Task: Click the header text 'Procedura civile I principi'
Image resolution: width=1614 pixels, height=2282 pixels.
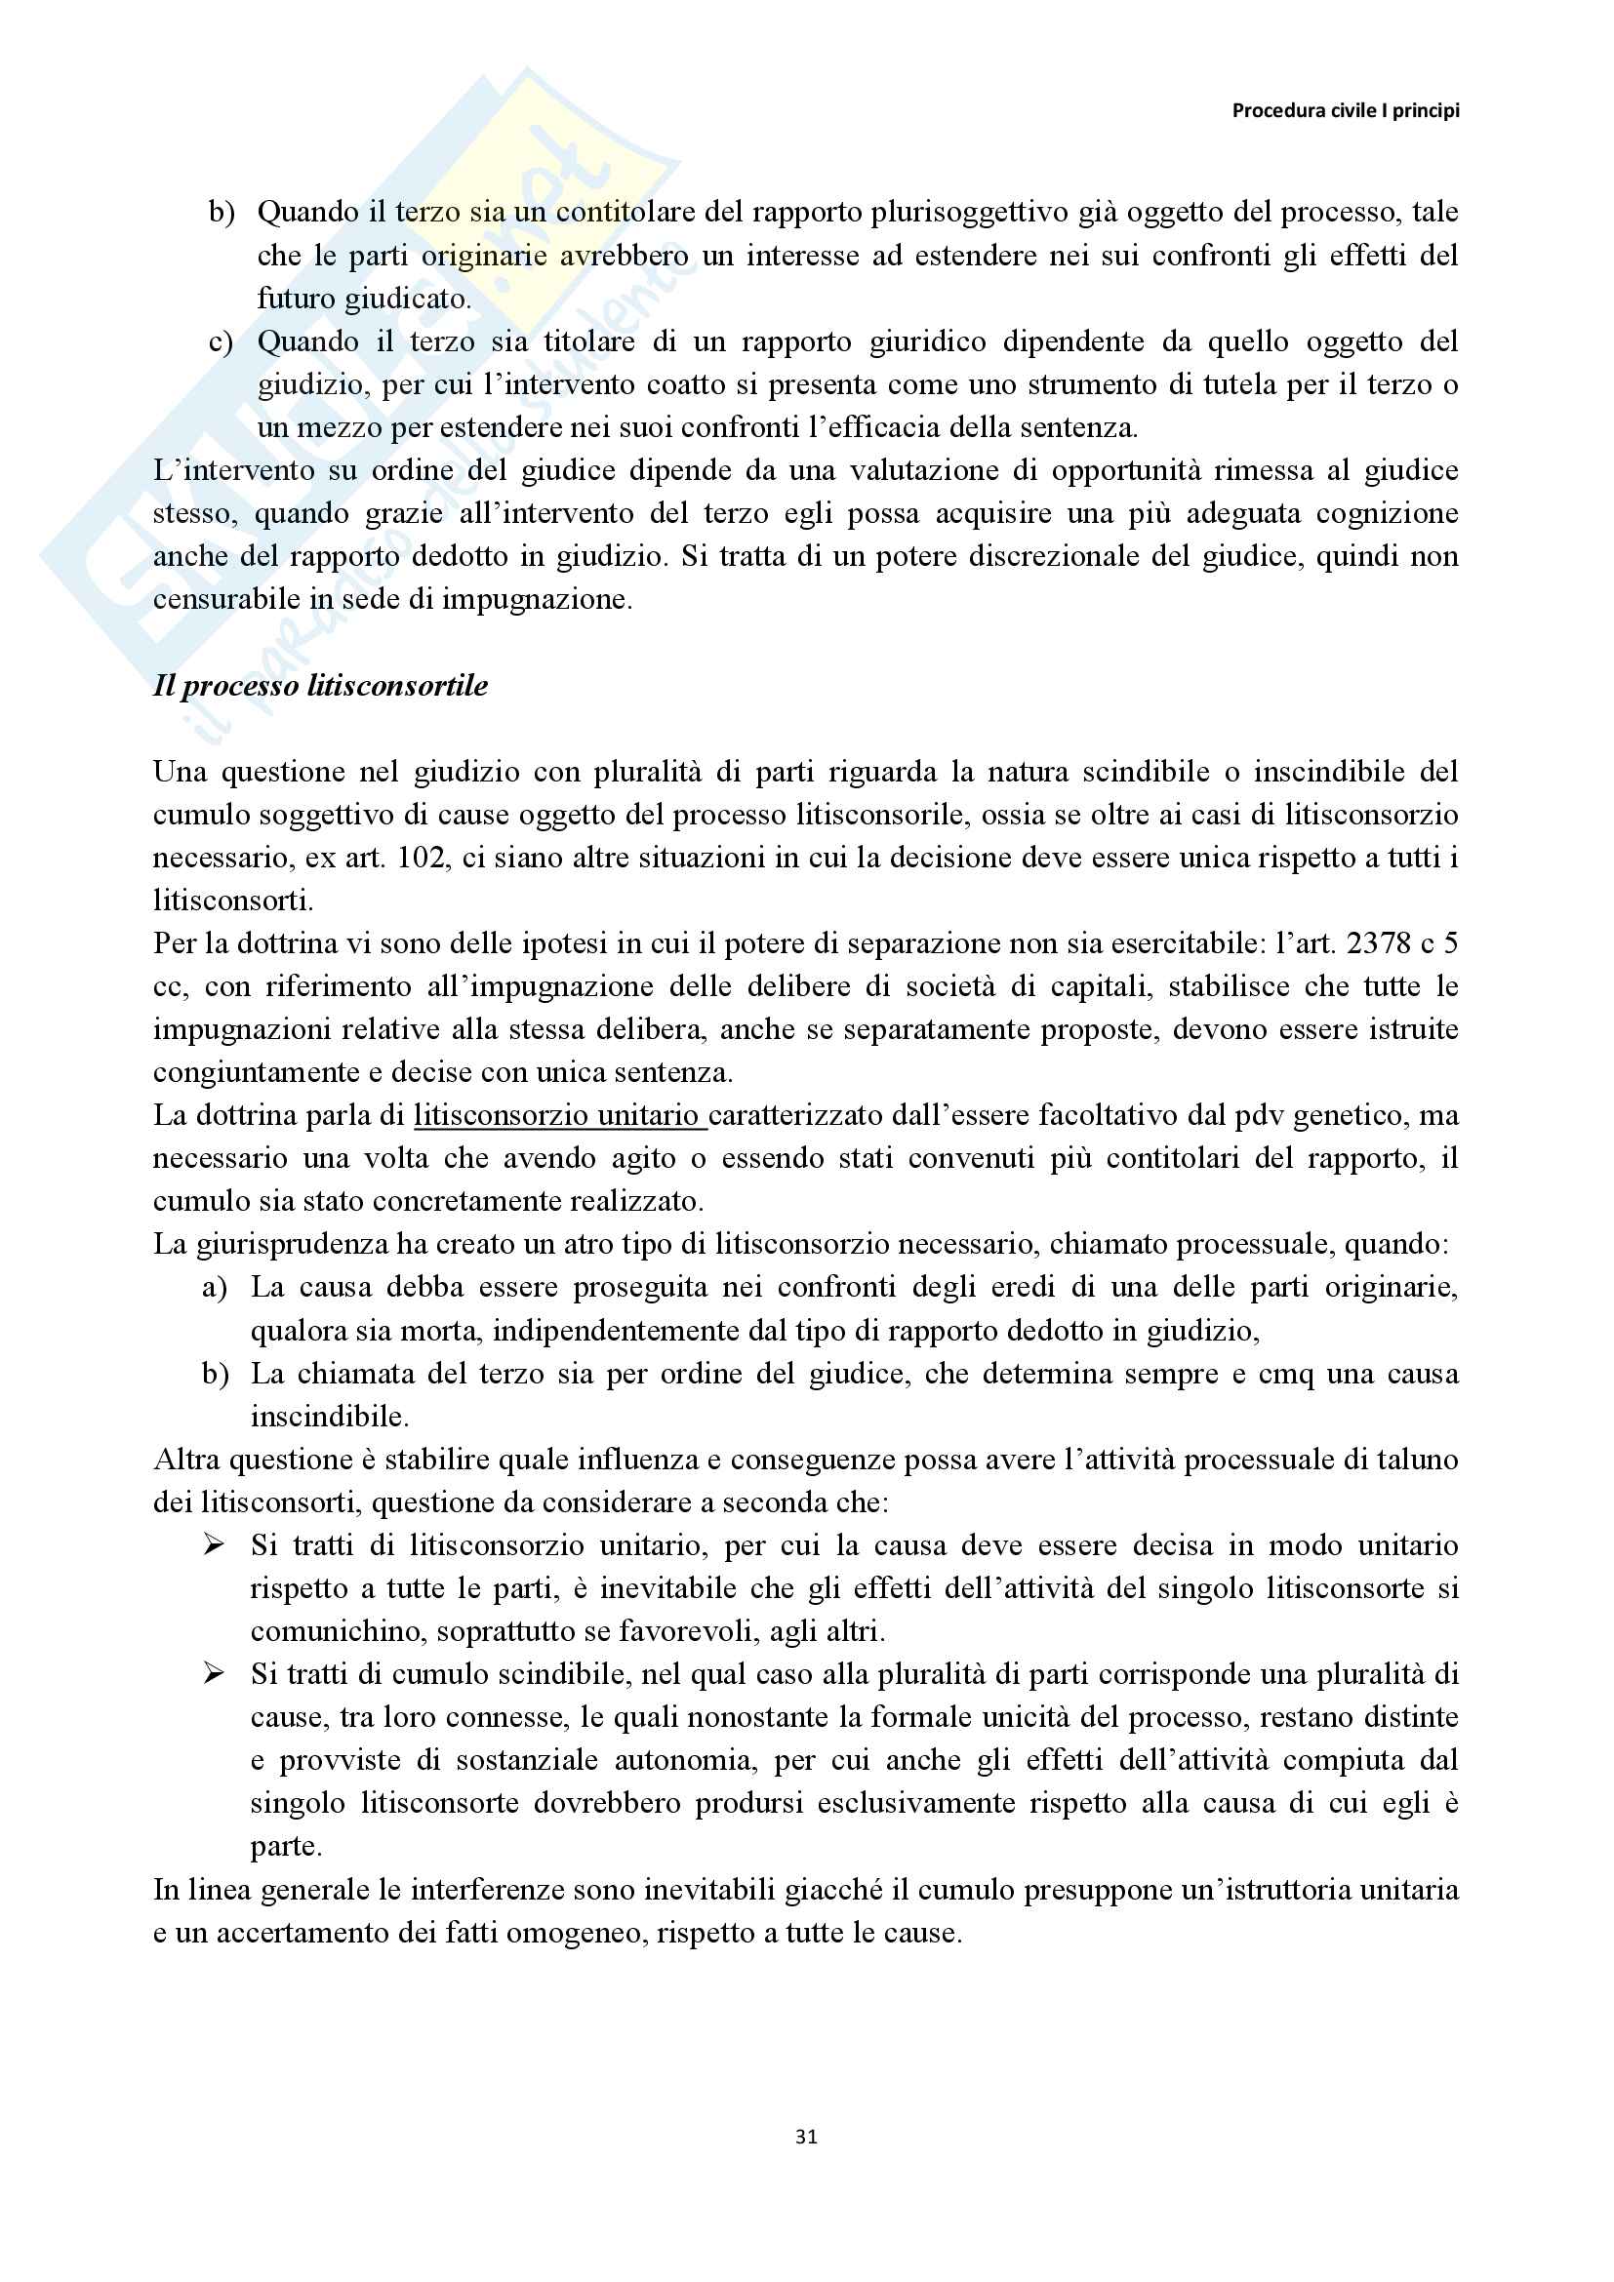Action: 1345,110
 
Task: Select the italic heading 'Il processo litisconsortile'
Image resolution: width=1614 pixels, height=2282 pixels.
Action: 320,686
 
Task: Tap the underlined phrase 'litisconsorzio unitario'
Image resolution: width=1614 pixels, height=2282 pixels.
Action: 559,1115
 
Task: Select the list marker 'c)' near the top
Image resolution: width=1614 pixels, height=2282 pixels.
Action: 221,341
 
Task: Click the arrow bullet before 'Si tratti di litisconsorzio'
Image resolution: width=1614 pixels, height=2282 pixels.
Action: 214,1544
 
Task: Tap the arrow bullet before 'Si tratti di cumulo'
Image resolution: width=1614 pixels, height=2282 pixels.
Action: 214,1674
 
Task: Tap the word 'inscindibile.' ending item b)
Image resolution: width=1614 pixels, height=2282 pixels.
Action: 329,1417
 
